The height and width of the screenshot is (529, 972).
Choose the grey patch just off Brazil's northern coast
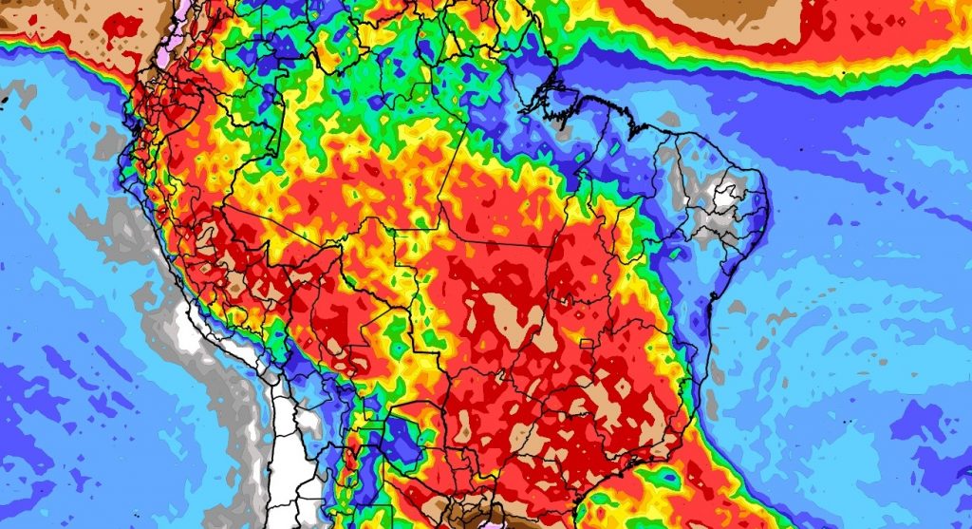[x=669, y=120]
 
